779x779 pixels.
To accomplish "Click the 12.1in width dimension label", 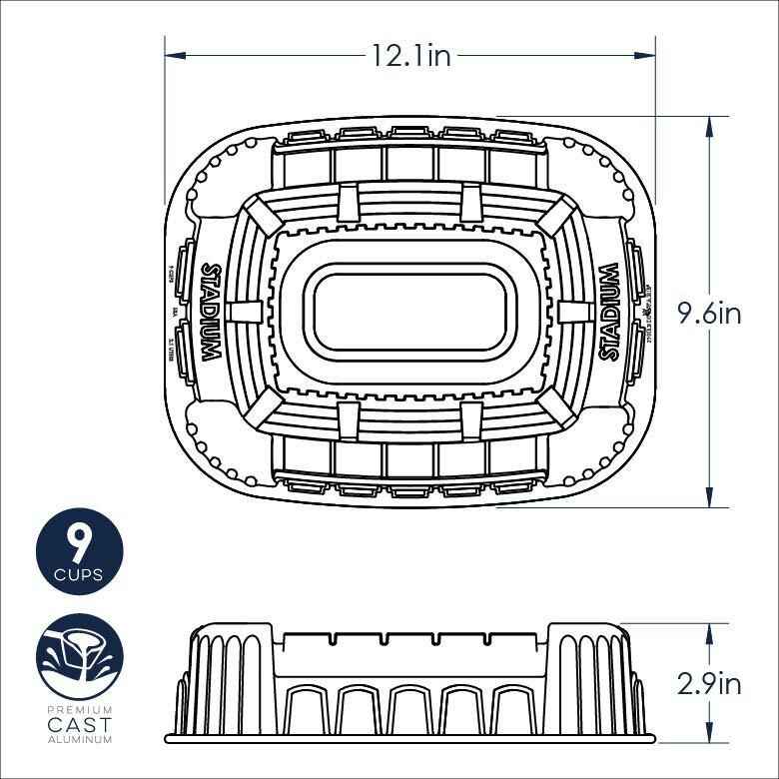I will click(x=410, y=56).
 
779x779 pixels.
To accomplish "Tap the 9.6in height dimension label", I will click(x=709, y=313).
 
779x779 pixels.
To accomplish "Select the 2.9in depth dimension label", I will click(x=709, y=683).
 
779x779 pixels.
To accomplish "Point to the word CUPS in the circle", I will click(x=79, y=575).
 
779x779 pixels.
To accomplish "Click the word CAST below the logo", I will click(x=79, y=724).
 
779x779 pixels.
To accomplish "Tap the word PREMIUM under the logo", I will click(x=79, y=709).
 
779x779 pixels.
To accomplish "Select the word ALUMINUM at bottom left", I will click(x=79, y=739).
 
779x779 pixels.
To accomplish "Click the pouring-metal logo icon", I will click(x=79, y=657).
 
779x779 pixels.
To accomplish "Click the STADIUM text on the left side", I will click(x=211, y=313).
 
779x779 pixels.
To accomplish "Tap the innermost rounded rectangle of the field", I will click(x=410, y=313).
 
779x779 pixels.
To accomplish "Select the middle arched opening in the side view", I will click(x=410, y=710).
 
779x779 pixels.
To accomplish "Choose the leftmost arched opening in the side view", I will click(x=306, y=710).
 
